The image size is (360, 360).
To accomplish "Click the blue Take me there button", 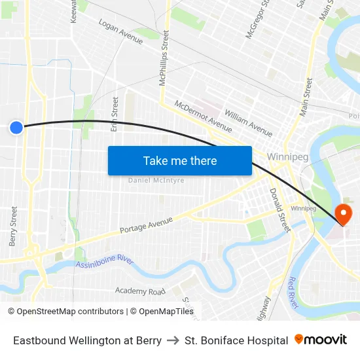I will pyautogui.click(x=180, y=160).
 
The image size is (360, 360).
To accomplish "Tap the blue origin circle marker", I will pyautogui.click(x=16, y=128).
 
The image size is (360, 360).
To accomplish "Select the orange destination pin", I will pyautogui.click(x=343, y=213).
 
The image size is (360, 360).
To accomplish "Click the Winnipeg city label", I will pyautogui.click(x=287, y=157).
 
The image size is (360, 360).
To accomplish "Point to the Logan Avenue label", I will pyautogui.click(x=120, y=31).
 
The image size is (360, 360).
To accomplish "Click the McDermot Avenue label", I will pyautogui.click(x=203, y=115).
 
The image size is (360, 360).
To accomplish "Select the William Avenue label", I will pyautogui.click(x=248, y=122).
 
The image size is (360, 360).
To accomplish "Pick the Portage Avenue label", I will pyautogui.click(x=146, y=226).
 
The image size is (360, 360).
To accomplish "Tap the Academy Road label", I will pyautogui.click(x=140, y=291).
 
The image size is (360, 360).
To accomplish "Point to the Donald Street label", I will pyautogui.click(x=279, y=210).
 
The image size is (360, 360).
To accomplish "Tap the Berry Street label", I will pyautogui.click(x=14, y=226).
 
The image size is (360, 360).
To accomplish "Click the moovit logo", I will pyautogui.click(x=321, y=340).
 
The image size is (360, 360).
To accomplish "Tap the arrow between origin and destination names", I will pyautogui.click(x=173, y=340).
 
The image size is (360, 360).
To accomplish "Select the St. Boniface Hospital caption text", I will pyautogui.click(x=236, y=340).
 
